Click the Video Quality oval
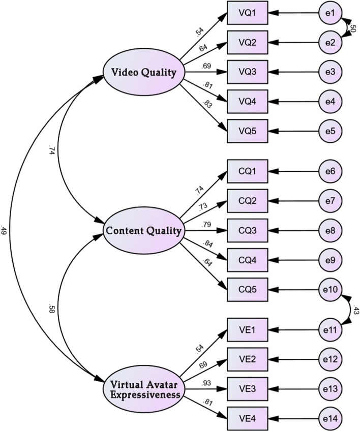coord(144,72)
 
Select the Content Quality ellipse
coord(144,231)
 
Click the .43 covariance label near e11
coord(354,311)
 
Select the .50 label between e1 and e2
coord(353,29)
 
